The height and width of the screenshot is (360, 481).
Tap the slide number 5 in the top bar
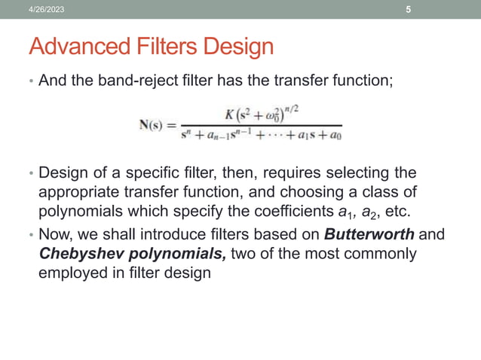tap(409, 10)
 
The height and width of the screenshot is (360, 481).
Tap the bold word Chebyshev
tap(78, 253)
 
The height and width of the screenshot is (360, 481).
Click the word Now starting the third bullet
tap(55, 234)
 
